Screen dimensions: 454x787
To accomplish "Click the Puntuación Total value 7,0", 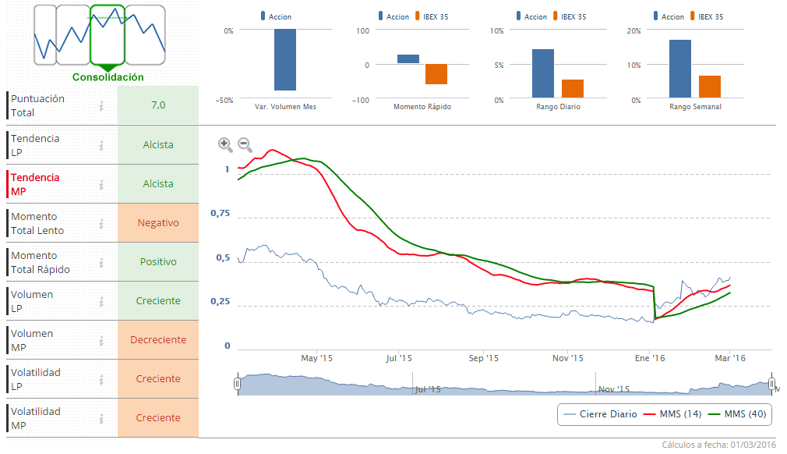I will pyautogui.click(x=158, y=105).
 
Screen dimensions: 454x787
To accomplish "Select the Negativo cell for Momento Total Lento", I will pyautogui.click(x=158, y=222).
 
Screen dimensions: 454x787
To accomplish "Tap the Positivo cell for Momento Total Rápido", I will pyautogui.click(x=158, y=261).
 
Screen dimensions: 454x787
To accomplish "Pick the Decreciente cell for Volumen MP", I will pyautogui.click(x=158, y=339).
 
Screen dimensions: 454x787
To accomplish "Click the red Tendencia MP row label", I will pyautogui.click(x=35, y=183).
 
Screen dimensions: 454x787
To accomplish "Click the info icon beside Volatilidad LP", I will pyautogui.click(x=101, y=379).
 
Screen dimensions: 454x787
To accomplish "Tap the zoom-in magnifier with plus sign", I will pyautogui.click(x=224, y=144).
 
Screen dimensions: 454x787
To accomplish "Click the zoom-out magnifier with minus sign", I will pyautogui.click(x=244, y=144).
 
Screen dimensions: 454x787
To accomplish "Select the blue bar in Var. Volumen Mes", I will pyautogui.click(x=284, y=59).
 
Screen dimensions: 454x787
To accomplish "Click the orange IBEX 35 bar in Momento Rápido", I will pyautogui.click(x=436, y=73).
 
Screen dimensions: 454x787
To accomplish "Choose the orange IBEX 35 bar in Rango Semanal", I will pyautogui.click(x=710, y=87).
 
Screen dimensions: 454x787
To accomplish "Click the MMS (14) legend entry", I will pyautogui.click(x=676, y=413).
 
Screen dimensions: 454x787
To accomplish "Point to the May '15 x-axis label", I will pyautogui.click(x=316, y=358).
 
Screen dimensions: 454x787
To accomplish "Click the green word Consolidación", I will pyautogui.click(x=108, y=77).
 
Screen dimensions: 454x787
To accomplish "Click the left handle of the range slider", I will pyautogui.click(x=238, y=384).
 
